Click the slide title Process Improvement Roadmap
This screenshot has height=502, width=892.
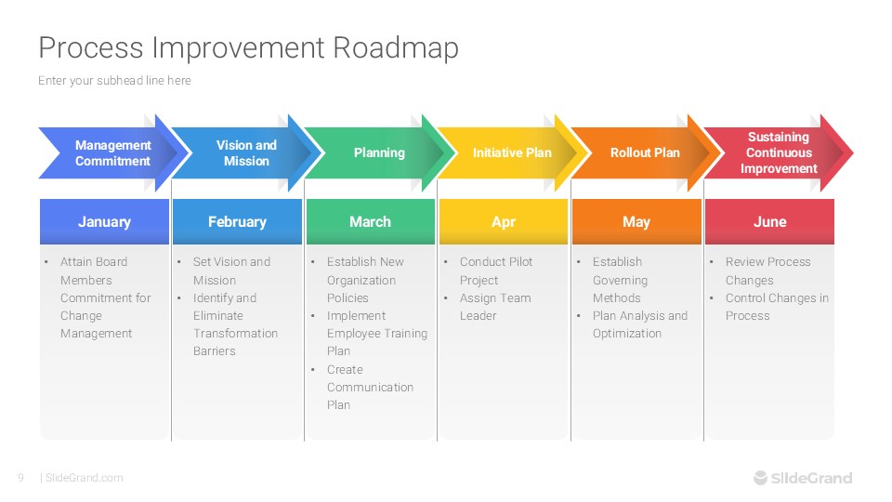pos(248,47)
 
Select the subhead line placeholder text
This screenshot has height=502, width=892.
pos(114,81)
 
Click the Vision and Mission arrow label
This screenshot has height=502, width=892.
pos(246,153)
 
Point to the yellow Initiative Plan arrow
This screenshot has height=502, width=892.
pos(512,153)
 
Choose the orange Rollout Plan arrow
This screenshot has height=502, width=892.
pos(645,153)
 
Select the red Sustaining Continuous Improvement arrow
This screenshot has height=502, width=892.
pos(779,153)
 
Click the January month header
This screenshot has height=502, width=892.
pos(104,222)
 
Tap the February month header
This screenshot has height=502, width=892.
pos(237,222)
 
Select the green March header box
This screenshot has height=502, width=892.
pos(370,222)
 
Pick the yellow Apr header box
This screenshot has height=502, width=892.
pos(503,222)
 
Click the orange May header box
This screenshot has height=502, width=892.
pos(636,222)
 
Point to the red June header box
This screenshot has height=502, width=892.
pos(769,222)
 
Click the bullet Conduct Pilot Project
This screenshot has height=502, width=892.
pos(496,271)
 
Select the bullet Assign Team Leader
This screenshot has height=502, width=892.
pos(495,307)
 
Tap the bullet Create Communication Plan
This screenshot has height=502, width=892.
pos(370,387)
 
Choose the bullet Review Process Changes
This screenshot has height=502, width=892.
pos(767,271)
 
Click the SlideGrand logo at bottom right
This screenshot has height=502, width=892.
pos(802,478)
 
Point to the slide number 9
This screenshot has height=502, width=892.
pos(20,478)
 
